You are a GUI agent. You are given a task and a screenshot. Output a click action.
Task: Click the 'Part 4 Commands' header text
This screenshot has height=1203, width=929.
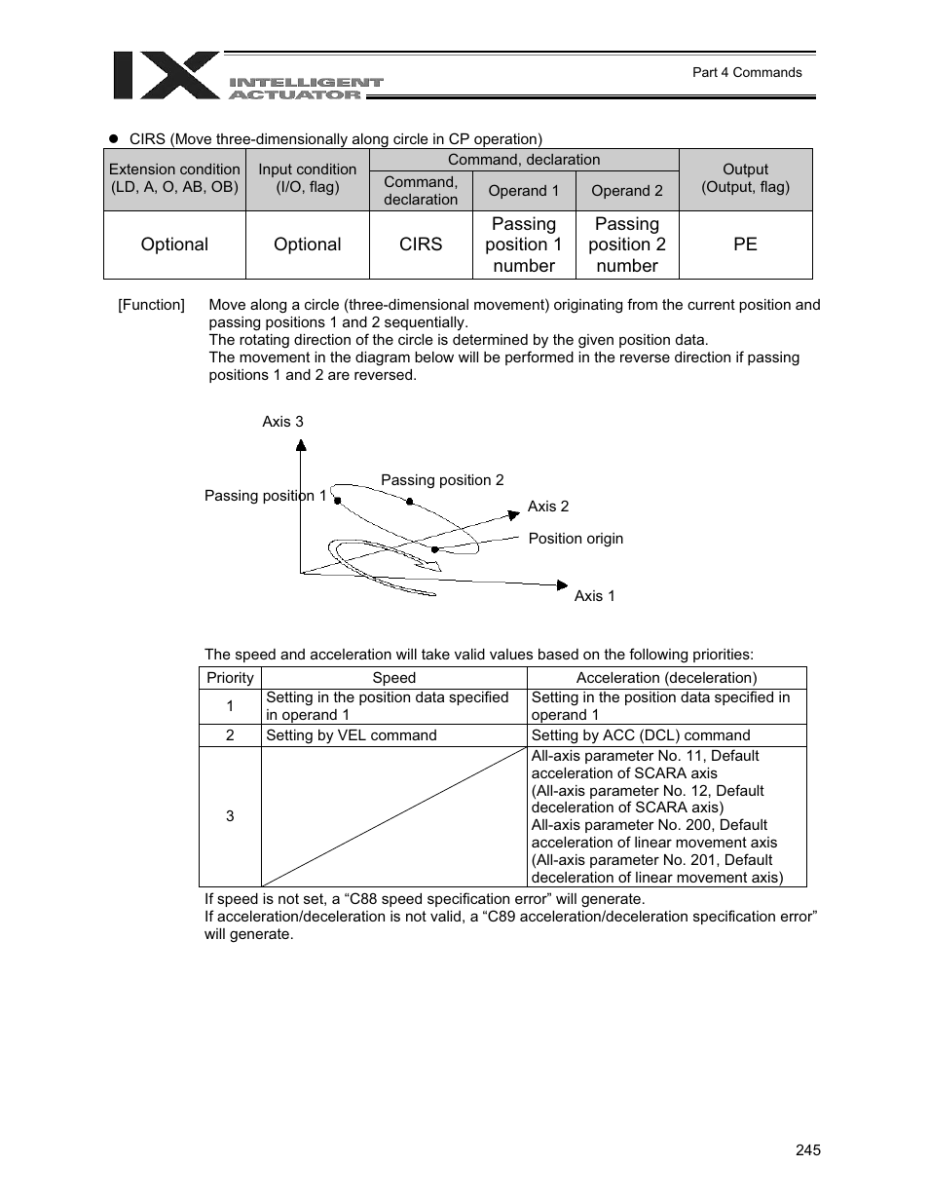746,72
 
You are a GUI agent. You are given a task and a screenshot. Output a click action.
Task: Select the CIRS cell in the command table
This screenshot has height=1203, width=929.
421,244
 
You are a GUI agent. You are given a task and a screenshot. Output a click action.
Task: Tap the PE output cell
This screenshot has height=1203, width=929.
745,244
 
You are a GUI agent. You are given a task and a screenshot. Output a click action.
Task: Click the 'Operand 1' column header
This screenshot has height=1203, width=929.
524,191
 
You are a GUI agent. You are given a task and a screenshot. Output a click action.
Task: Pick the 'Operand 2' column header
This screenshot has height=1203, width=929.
627,191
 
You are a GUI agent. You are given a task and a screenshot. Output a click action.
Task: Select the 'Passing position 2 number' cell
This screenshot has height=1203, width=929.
627,244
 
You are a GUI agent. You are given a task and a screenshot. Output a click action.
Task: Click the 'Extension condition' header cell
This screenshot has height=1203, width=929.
174,178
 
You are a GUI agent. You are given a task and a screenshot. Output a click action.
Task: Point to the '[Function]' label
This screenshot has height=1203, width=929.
151,305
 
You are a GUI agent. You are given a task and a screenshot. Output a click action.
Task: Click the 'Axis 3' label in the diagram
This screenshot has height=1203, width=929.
282,422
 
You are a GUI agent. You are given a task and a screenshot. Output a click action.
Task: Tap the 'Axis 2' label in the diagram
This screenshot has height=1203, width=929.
548,507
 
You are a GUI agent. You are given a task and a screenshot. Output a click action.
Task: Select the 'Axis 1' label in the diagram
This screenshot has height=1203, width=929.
594,596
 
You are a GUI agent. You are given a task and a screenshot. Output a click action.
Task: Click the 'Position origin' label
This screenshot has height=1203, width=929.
576,539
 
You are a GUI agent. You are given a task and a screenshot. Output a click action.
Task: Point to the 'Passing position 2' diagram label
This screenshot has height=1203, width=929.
442,480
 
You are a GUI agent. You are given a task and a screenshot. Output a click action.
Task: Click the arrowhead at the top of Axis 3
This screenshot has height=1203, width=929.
302,445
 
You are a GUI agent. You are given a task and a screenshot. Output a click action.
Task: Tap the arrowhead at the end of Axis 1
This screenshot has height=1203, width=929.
562,584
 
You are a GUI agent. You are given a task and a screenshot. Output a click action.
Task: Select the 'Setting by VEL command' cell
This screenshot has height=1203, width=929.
352,735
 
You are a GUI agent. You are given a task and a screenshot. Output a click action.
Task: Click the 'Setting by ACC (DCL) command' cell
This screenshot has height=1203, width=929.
641,735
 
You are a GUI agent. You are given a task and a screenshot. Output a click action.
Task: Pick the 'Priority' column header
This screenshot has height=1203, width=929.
230,678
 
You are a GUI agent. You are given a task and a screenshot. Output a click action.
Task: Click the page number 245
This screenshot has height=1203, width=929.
807,1150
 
